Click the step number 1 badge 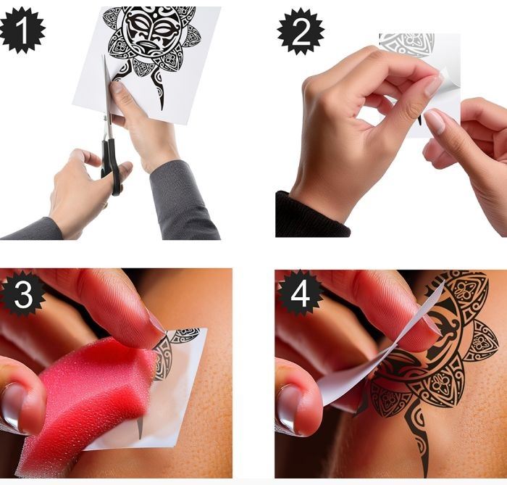coord(22,30)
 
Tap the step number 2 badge coord(301,31)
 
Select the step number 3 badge coord(22,294)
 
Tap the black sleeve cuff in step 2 coord(311,215)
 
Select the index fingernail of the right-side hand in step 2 coord(435,121)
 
